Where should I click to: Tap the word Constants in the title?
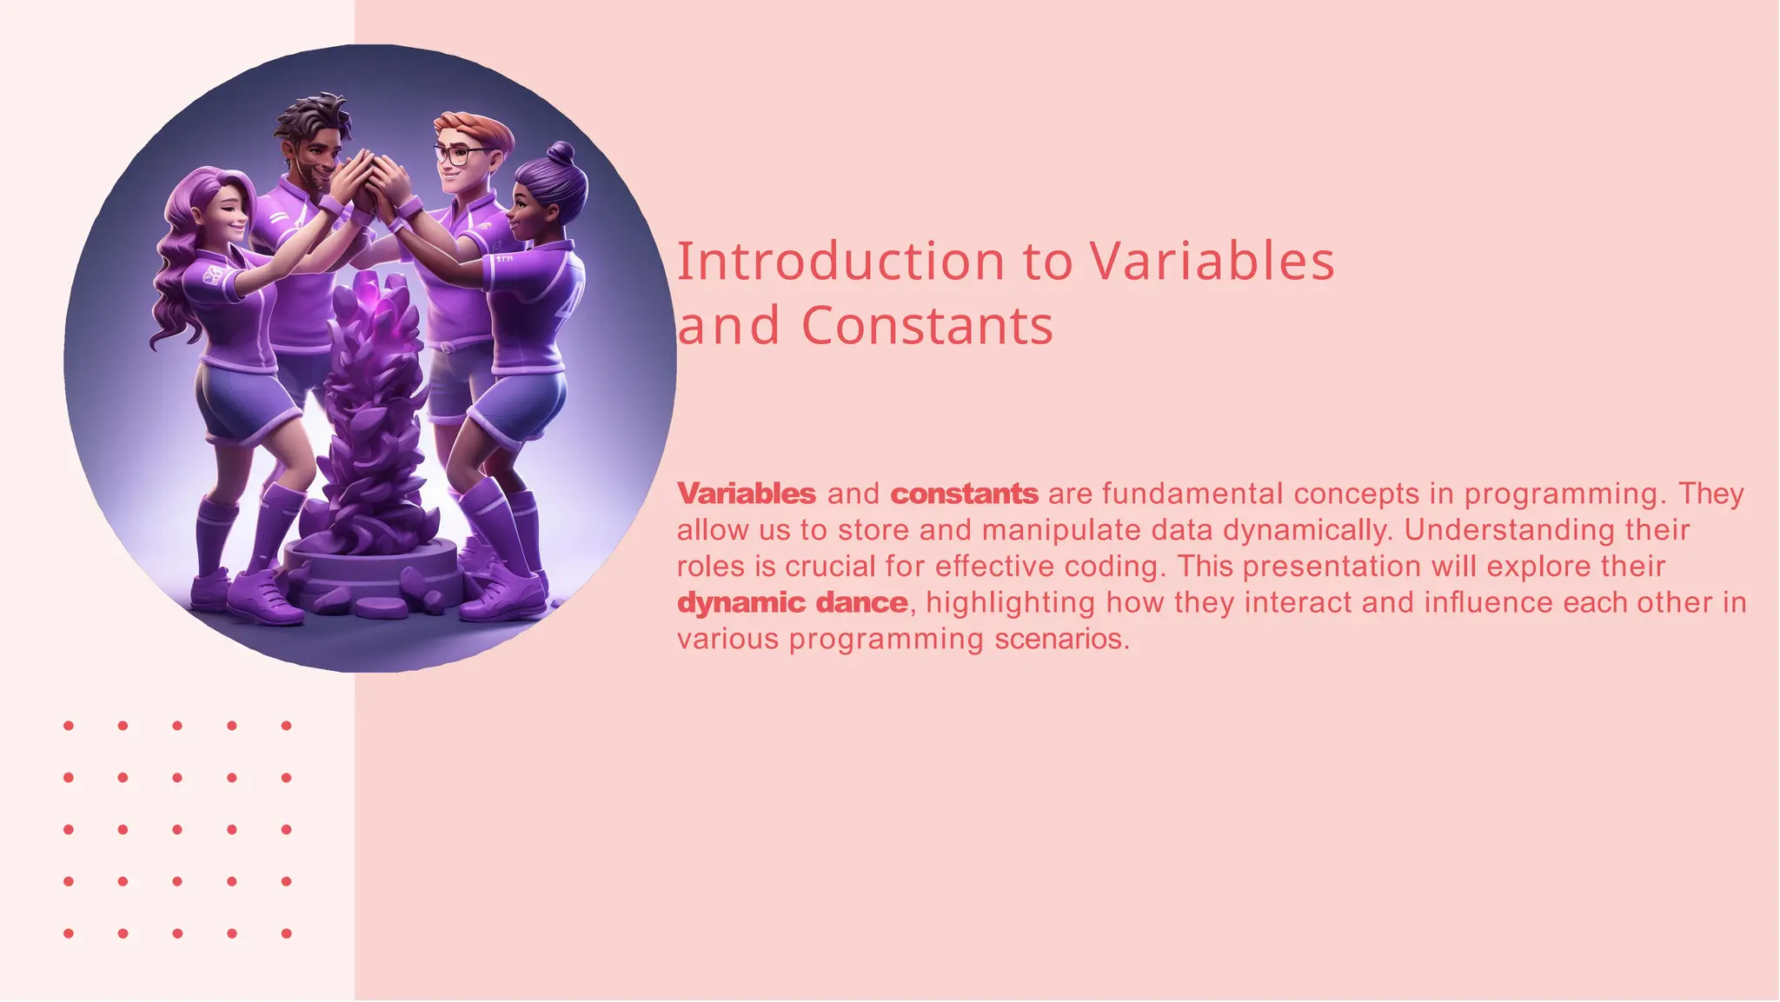coord(927,326)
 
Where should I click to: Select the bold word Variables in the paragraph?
coord(747,494)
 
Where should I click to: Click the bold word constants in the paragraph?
coord(964,494)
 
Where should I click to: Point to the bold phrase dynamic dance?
coord(792,602)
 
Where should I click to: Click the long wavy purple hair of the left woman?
coord(178,278)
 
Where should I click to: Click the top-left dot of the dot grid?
coord(69,726)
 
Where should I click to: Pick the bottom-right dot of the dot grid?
coord(286,933)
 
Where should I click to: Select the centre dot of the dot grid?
coord(177,829)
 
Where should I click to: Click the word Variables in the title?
coord(1211,262)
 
